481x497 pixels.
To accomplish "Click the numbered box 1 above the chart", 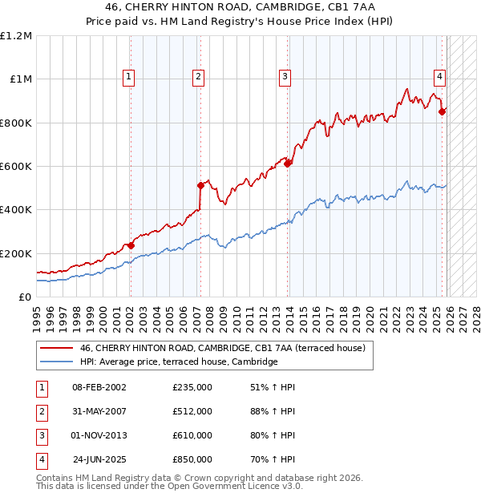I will pos(129,77).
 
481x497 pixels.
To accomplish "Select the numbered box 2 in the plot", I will pos(198,77).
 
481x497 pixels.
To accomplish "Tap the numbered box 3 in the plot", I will pos(285,77).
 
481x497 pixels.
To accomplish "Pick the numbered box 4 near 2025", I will pos(440,77).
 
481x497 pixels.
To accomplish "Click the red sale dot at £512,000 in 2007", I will pos(200,185).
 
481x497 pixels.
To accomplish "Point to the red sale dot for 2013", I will pos(287,164).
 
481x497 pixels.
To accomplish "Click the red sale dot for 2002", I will pos(131,245).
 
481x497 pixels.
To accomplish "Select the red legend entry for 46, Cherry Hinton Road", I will pos(222,348).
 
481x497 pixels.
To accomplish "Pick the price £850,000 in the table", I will pos(192,460).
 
